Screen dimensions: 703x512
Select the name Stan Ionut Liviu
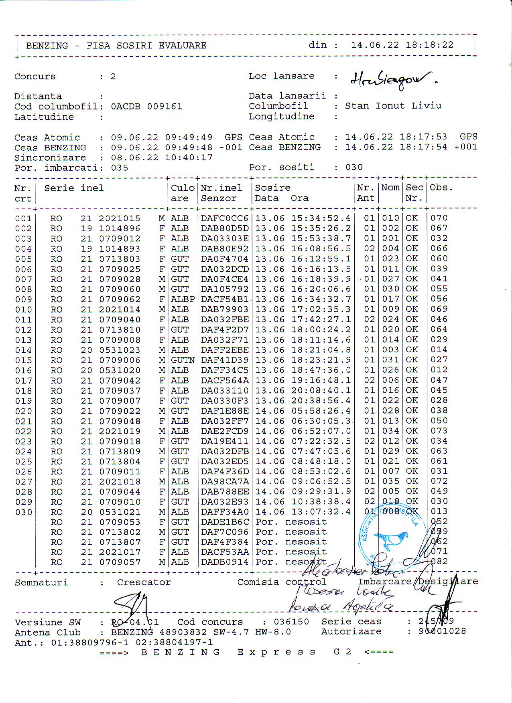pos(393,106)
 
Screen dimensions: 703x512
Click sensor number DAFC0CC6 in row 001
pos(225,218)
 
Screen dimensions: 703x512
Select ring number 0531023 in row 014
pos(120,350)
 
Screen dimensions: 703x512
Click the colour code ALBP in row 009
pos(183,299)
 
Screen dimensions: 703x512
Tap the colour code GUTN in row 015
pos(183,360)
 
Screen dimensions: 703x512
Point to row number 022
pos(23,432)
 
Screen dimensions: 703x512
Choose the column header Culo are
pos(183,193)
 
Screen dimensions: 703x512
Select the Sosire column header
pos(273,188)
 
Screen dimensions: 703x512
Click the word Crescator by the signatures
pos(144,582)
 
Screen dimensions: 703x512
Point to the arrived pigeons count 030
pos(354,167)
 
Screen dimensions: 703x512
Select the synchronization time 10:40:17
pos(189,158)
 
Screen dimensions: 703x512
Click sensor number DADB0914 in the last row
pos(225,562)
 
